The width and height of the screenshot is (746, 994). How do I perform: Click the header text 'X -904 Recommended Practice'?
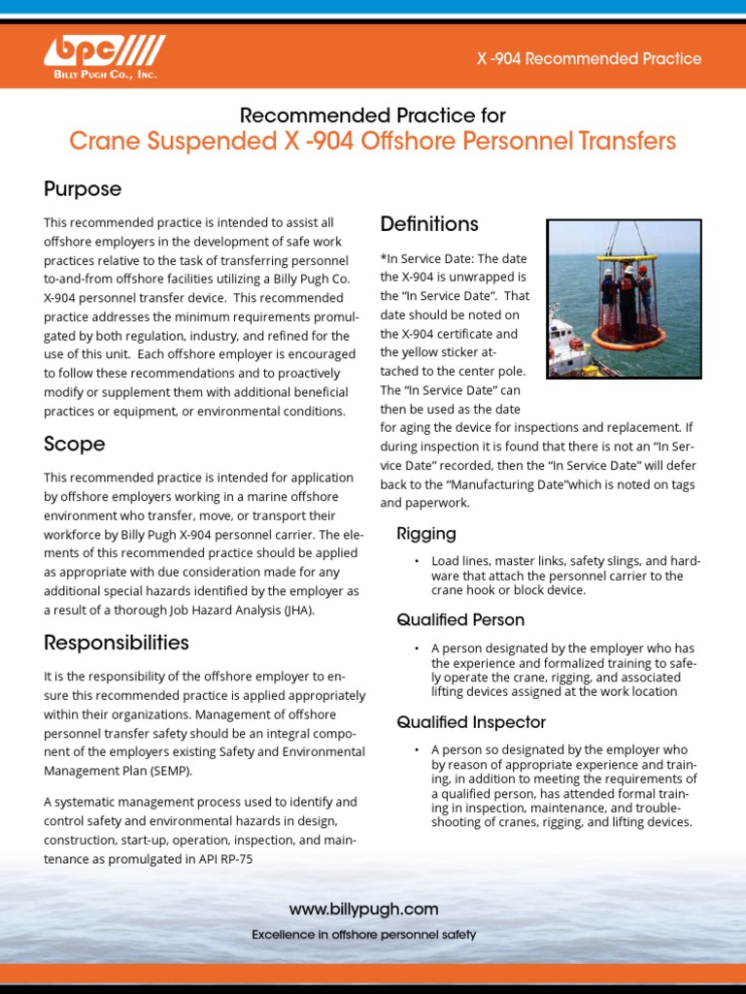tap(589, 58)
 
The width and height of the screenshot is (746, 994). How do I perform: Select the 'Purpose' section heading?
tap(83, 188)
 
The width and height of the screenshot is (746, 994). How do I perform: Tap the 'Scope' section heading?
tap(74, 444)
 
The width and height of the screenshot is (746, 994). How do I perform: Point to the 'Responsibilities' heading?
tap(117, 642)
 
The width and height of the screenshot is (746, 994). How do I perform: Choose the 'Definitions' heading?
tap(428, 224)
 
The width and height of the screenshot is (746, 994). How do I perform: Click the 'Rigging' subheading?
tap(425, 534)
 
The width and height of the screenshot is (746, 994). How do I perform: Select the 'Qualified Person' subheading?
tap(459, 619)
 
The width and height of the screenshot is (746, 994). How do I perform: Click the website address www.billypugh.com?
tap(363, 910)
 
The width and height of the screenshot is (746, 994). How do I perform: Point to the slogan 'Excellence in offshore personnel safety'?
tap(363, 935)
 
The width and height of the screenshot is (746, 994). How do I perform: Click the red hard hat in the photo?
tap(642, 271)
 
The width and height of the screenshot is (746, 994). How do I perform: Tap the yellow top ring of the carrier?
tap(626, 258)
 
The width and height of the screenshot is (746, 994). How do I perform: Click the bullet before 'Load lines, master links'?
tap(417, 562)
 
